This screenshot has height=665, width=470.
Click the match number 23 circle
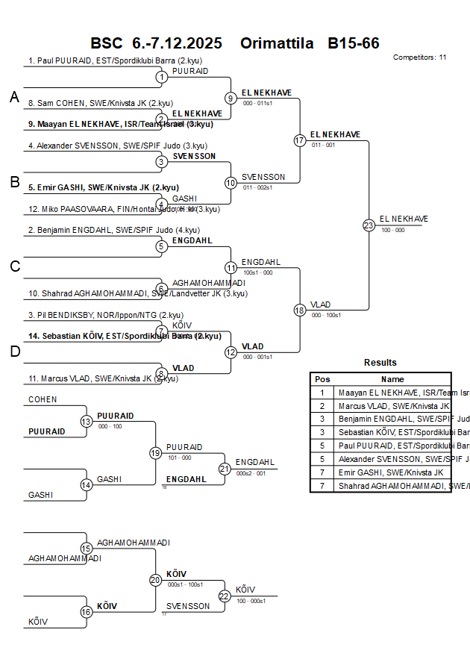pos(369,225)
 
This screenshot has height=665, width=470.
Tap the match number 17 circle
pos(300,140)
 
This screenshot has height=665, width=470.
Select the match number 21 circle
pos(225,469)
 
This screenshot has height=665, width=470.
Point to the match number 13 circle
pos(86,422)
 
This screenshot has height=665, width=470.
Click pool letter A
pos(14,97)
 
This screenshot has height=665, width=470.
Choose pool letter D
pos(14,352)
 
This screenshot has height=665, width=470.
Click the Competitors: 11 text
pos(419,57)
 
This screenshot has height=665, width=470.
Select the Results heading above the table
pos(380,363)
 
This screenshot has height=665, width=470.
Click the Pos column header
pos(322,379)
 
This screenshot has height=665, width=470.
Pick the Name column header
pos(392,379)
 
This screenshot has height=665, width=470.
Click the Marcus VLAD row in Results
pos(392,405)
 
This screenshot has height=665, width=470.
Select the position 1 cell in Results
pos(322,392)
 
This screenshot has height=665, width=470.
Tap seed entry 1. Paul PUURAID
pos(116,61)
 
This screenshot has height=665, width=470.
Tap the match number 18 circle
pos(300,310)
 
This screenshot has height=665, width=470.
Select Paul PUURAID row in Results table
pos(392,446)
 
